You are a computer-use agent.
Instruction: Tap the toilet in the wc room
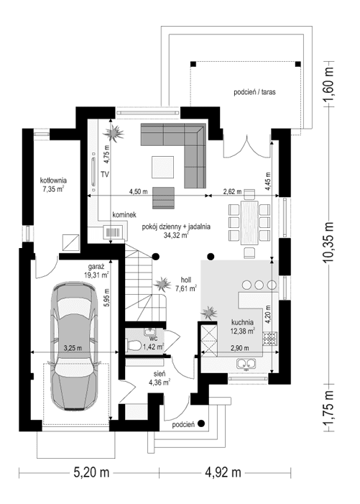134,346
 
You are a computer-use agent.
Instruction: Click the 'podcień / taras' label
254,92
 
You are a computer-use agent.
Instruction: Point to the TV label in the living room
104,175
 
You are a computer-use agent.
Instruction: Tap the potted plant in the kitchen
210,313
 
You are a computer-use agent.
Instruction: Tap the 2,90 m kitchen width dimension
240,348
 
